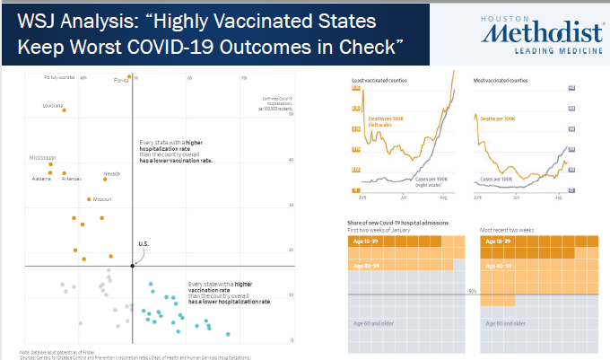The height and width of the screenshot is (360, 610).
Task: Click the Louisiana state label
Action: pyautogui.click(x=52, y=105)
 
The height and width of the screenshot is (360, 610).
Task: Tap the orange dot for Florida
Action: pyautogui.click(x=130, y=77)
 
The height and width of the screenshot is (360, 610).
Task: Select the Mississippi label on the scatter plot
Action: pyautogui.click(x=42, y=157)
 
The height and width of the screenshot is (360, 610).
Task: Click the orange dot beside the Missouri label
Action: pyautogui.click(x=88, y=199)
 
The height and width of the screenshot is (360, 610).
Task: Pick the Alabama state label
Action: pyautogui.click(x=40, y=179)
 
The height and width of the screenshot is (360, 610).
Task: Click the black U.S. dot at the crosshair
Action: pyautogui.click(x=133, y=266)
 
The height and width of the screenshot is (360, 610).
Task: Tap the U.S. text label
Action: pyautogui.click(x=143, y=244)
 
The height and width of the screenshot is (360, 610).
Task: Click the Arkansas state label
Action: pyautogui.click(x=71, y=179)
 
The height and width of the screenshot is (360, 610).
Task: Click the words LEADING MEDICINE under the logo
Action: pyautogui.click(x=547, y=51)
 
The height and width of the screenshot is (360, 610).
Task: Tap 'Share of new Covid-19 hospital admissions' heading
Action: pyautogui.click(x=398, y=222)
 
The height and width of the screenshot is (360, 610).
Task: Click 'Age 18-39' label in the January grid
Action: pyautogui.click(x=363, y=241)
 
